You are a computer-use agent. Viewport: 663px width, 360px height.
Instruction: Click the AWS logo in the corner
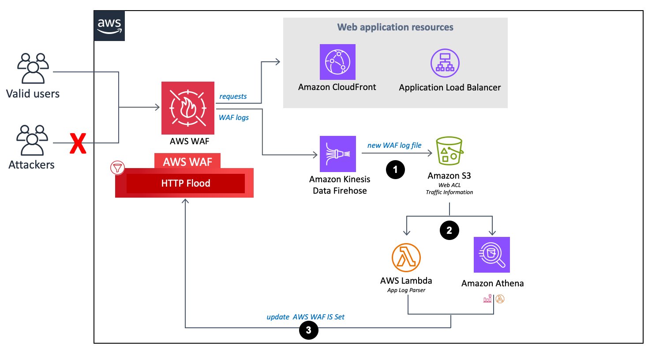pos(109,26)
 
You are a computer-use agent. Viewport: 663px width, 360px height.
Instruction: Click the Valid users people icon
pos(33,68)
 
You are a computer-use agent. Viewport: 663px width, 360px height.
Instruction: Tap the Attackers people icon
pos(32,140)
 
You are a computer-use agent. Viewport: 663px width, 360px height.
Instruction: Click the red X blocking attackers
pos(78,143)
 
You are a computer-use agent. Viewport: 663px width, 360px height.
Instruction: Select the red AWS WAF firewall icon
pos(188,108)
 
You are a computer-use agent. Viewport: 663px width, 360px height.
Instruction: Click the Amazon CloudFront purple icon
pos(337,62)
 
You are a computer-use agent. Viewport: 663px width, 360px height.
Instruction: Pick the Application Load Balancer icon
pos(445,63)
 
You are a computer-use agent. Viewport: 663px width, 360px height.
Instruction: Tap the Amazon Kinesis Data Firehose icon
pos(338,154)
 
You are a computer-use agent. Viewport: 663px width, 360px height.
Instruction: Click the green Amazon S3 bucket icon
pos(449,151)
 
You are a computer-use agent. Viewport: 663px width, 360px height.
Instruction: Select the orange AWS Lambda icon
pos(406,258)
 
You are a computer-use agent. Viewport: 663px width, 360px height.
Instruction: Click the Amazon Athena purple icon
pos(491,255)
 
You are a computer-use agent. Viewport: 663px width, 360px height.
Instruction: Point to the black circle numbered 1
pos(395,170)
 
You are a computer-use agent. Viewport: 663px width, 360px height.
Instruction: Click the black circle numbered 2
pos(449,230)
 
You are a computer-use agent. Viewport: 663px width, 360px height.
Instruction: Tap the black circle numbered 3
pos(308,330)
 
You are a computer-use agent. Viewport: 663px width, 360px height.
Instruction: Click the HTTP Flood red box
pos(185,184)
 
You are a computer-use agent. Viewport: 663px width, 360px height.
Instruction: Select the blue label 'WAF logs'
pos(234,118)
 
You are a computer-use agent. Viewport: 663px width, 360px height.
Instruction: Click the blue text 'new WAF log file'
pos(394,146)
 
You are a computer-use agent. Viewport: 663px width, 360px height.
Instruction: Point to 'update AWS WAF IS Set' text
pos(305,317)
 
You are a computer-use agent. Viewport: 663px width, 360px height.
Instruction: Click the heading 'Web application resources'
pos(395,27)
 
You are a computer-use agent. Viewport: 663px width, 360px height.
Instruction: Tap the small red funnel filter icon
pos(117,168)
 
